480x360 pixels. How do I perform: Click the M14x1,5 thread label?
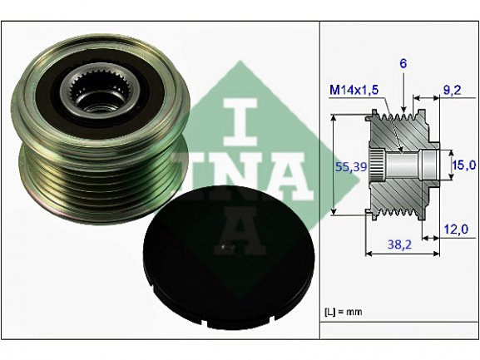tap(354, 90)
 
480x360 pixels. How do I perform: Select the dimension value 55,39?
tap(351, 167)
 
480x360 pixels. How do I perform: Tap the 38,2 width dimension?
tap(399, 244)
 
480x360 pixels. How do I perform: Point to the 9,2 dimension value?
tap(452, 91)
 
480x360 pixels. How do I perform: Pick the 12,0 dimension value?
tap(456, 229)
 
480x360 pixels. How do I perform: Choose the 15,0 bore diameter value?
tap(464, 165)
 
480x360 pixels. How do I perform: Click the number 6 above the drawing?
tap(403, 64)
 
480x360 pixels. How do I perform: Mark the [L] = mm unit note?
tap(344, 312)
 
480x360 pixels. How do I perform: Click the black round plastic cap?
tap(229, 258)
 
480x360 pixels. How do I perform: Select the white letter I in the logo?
tap(240, 122)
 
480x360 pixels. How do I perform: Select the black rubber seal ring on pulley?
tap(100, 91)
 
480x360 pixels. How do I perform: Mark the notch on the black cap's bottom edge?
tap(205, 323)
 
